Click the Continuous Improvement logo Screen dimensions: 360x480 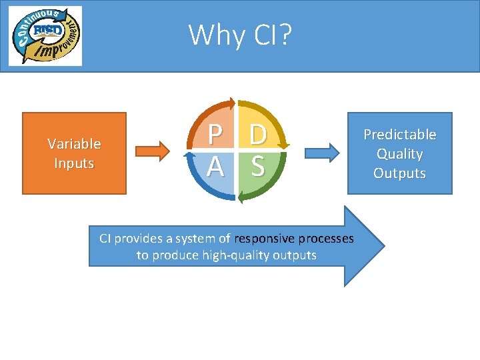click(x=45, y=35)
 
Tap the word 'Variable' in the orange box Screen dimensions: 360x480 click(x=74, y=143)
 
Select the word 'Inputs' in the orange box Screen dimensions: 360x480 click(x=74, y=163)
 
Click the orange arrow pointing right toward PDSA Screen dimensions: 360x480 click(x=155, y=151)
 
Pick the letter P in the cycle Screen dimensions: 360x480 click(x=215, y=135)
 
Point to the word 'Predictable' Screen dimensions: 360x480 click(x=399, y=135)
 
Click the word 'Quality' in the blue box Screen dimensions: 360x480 click(x=399, y=154)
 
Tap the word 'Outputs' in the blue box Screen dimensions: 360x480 click(x=399, y=173)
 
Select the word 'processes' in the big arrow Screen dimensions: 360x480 click(x=326, y=239)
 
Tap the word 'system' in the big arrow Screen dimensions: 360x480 click(x=195, y=239)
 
